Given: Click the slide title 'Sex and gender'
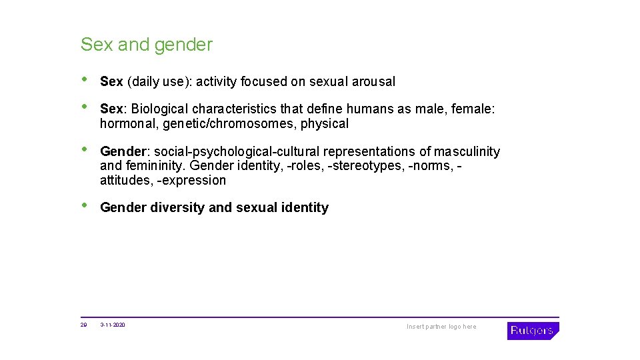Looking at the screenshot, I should click(x=146, y=45).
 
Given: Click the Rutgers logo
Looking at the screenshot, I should click(x=532, y=331).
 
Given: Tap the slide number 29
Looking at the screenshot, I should click(x=83, y=325).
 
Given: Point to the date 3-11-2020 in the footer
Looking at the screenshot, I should click(x=112, y=325).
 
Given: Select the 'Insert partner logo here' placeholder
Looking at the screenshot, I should click(x=441, y=327).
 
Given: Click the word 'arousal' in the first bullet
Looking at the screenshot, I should click(x=373, y=82).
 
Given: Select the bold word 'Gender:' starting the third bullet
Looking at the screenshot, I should click(x=125, y=152).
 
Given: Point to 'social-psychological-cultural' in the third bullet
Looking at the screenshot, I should click(x=237, y=152).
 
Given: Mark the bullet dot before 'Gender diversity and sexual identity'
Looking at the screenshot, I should click(x=83, y=206).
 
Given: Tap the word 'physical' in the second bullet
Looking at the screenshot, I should click(x=325, y=124).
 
